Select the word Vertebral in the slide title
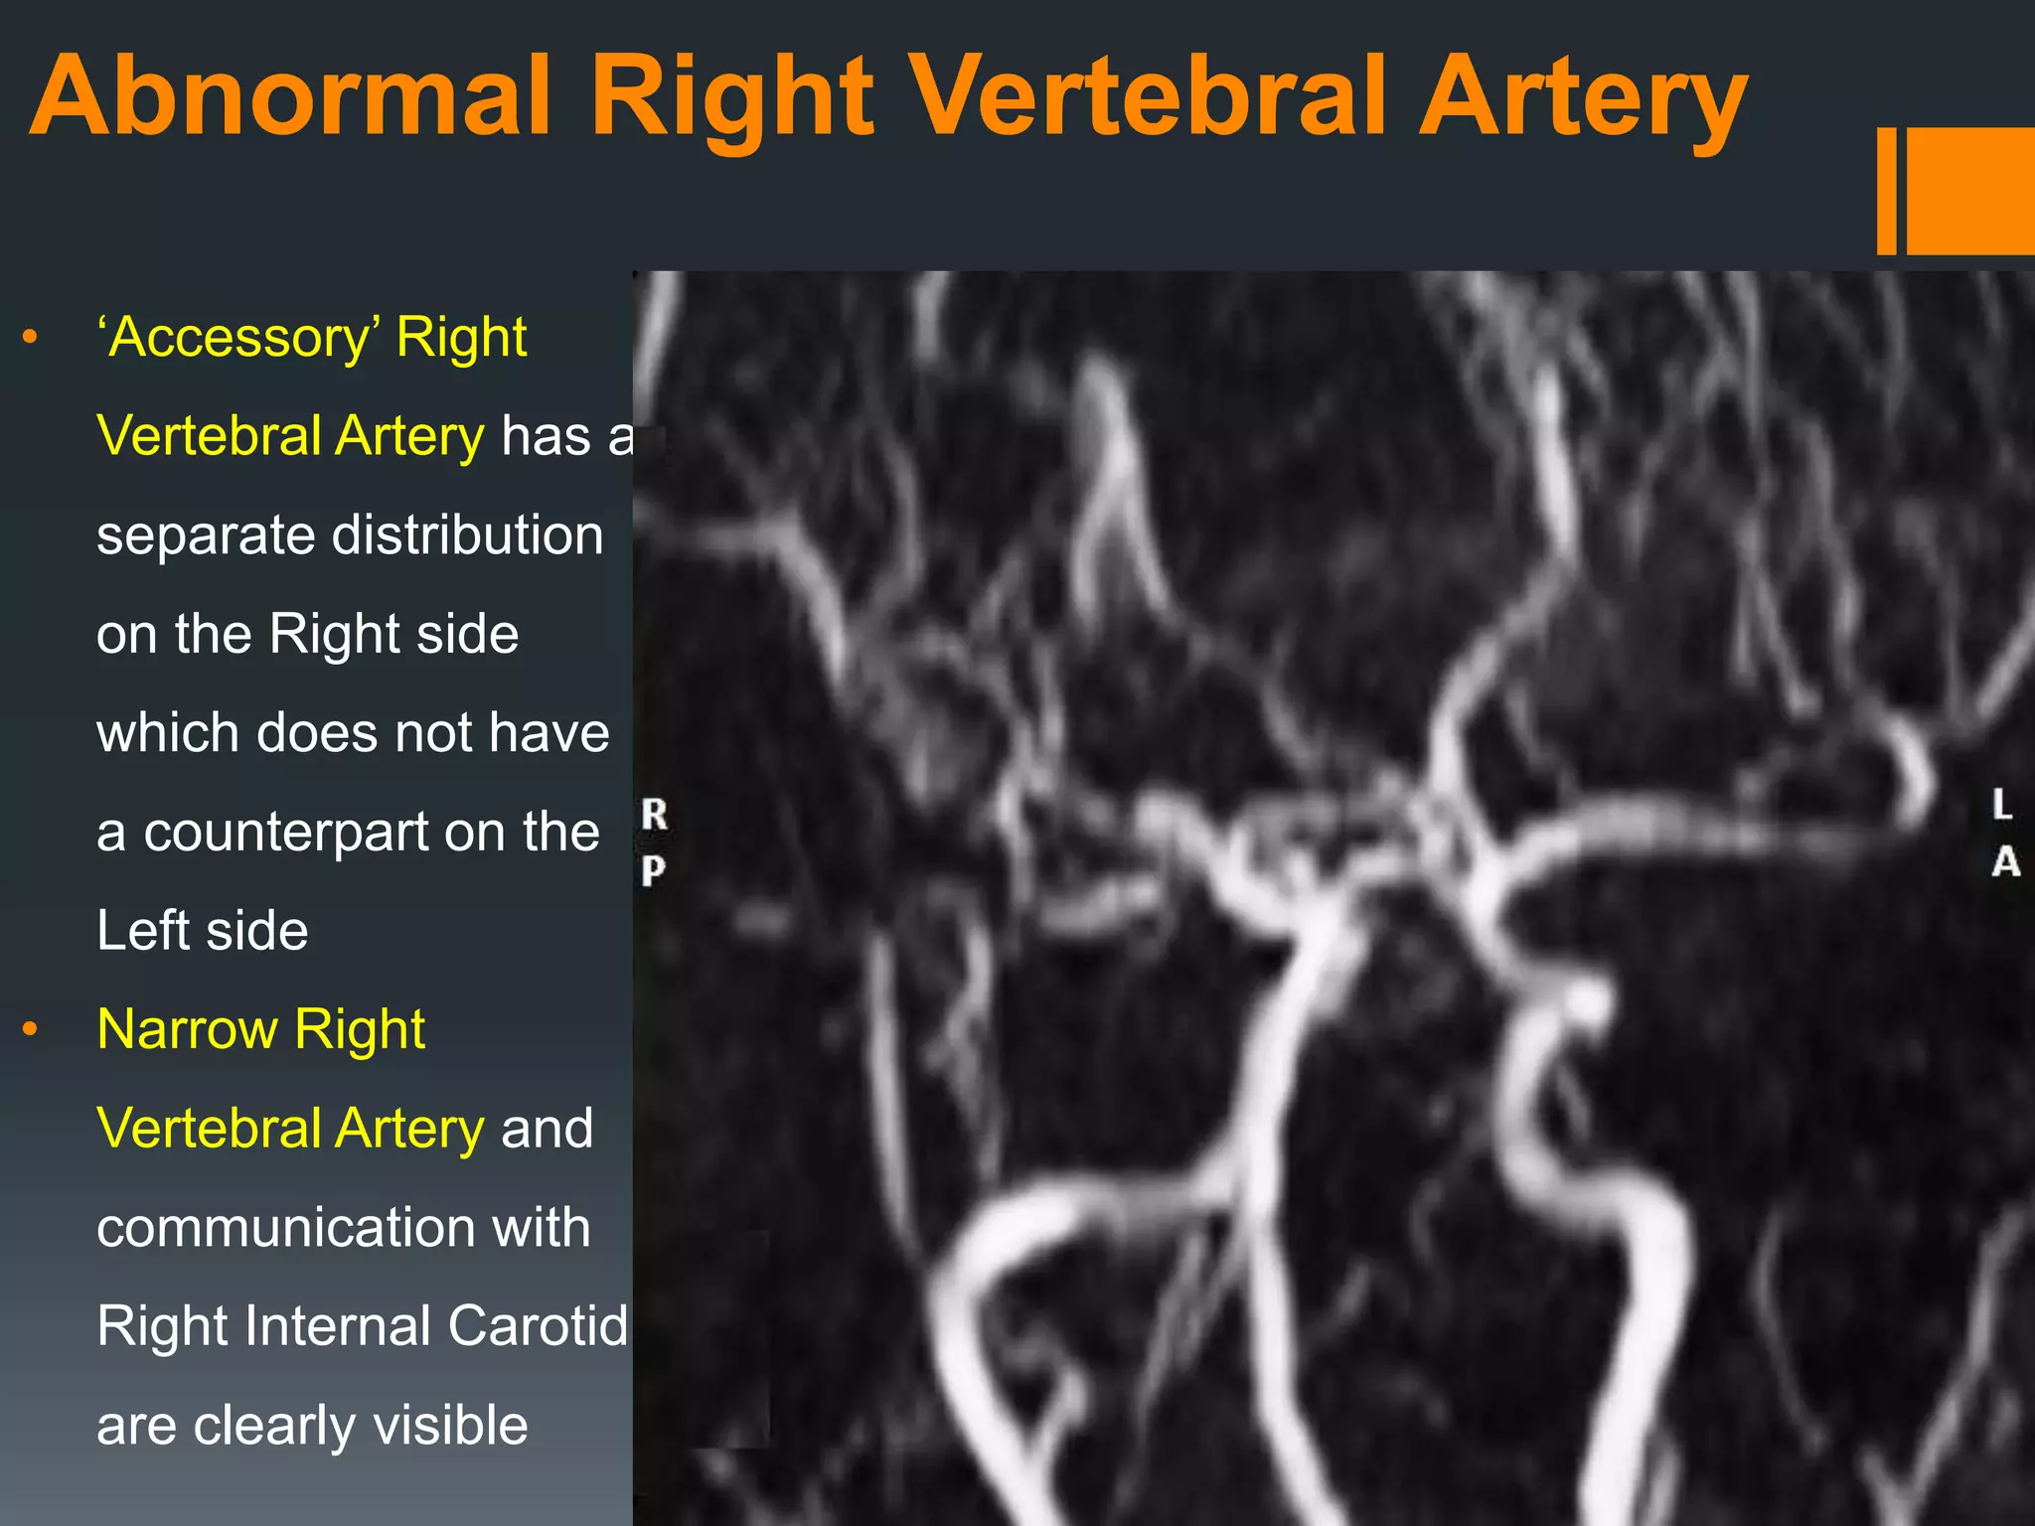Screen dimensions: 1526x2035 (x=1147, y=96)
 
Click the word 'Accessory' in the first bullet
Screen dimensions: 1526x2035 (x=237, y=338)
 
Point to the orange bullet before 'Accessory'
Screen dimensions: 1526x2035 (x=31, y=338)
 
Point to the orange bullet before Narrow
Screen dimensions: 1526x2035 (x=31, y=1029)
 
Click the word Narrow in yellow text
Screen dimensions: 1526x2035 (x=187, y=1029)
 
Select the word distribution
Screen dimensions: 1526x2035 (x=467, y=535)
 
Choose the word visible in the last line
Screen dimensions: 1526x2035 (x=450, y=1426)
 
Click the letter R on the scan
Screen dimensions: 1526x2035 (x=654, y=815)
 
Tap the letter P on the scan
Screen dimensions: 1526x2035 (x=653, y=871)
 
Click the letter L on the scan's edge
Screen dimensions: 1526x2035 (x=2002, y=805)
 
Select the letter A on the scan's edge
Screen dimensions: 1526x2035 (x=2005, y=862)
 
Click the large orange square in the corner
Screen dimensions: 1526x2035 (x=1970, y=191)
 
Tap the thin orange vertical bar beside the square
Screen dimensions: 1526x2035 (x=1886, y=191)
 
